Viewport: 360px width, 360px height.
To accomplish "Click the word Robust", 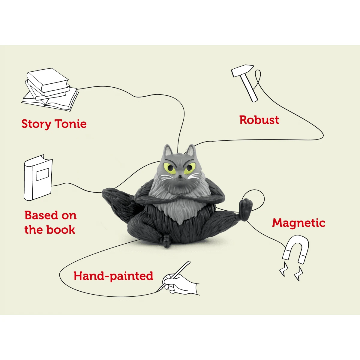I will [259, 120].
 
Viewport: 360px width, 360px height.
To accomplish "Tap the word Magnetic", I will [298, 223].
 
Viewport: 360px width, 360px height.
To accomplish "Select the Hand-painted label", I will [113, 276].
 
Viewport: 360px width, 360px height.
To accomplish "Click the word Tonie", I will [70, 124].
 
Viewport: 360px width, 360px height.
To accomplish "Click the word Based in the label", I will [41, 215].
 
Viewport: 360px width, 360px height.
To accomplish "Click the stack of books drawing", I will [49, 88].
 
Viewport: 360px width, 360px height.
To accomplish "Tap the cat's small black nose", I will [179, 179].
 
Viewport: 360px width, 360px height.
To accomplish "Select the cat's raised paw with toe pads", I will [246, 209].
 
